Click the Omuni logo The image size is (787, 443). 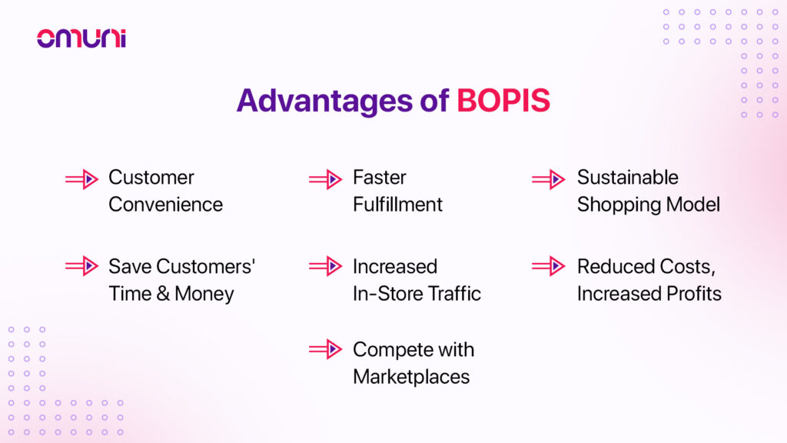click(x=81, y=38)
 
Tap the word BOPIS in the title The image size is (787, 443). click(x=503, y=101)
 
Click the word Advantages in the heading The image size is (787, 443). click(x=325, y=102)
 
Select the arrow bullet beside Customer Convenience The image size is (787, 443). click(x=81, y=179)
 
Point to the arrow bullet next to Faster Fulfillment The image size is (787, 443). click(x=326, y=179)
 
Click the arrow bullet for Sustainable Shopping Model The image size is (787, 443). click(x=549, y=179)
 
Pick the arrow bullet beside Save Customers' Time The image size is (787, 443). click(x=81, y=266)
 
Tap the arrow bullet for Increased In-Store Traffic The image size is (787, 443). click(x=326, y=266)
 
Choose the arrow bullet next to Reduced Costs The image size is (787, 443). click(x=549, y=266)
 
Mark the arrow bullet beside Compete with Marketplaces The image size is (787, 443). click(x=326, y=349)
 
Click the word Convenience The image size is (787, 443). click(x=166, y=205)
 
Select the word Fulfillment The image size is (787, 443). click(x=397, y=205)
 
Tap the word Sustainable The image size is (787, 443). click(x=628, y=178)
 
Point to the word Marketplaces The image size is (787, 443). click(x=412, y=377)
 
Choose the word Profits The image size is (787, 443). click(x=694, y=293)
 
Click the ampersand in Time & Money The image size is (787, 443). click(x=163, y=294)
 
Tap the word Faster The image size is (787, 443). click(x=380, y=178)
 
